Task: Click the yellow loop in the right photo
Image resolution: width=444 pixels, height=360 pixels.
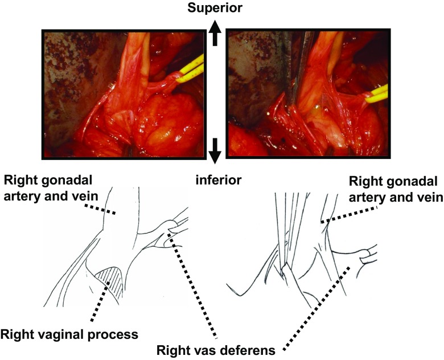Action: pyautogui.click(x=377, y=95)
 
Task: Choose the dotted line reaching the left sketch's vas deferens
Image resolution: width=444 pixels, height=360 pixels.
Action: pyautogui.click(x=194, y=279)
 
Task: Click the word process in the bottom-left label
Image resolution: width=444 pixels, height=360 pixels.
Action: pyautogui.click(x=116, y=334)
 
